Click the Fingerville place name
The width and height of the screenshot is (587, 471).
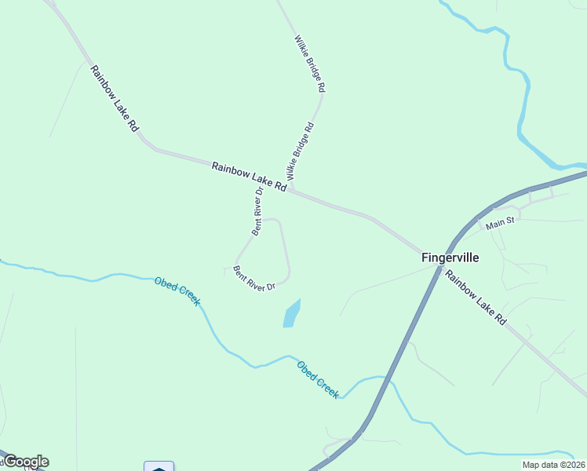point(450,257)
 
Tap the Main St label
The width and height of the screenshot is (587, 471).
point(499,224)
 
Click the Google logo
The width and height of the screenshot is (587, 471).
point(25,462)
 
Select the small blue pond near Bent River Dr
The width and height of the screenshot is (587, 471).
point(291,314)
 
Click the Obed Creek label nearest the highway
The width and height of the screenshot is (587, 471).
point(318,379)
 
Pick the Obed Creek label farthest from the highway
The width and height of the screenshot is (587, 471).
point(177,291)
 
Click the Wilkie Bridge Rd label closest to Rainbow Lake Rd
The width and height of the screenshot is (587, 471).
point(301,150)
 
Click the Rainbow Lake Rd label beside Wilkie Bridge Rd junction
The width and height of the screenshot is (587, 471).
point(249,176)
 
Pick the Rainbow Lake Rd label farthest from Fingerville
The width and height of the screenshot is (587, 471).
point(115,98)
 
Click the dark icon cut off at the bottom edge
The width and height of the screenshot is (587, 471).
point(159,466)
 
